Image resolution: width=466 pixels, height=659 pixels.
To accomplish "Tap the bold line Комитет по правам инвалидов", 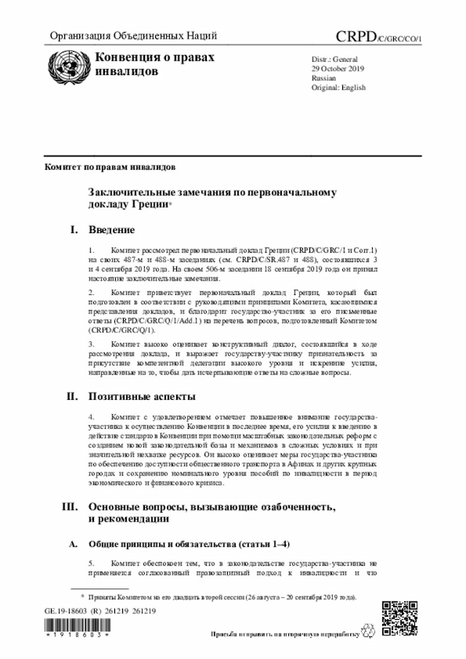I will [109, 167].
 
